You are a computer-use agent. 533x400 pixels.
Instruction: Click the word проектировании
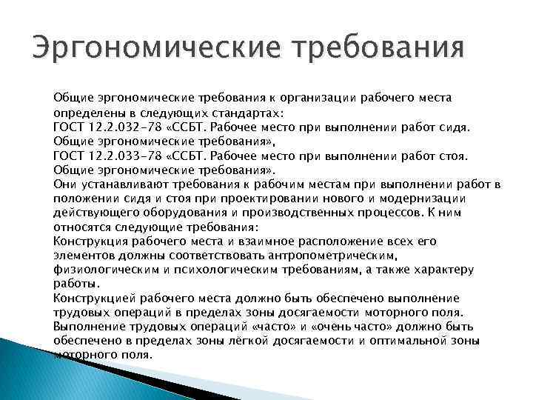pyautogui.click(x=271, y=198)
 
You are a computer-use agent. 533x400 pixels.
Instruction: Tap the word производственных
pyautogui.click(x=312, y=213)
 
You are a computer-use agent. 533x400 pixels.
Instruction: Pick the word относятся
pyautogui.click(x=81, y=227)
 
